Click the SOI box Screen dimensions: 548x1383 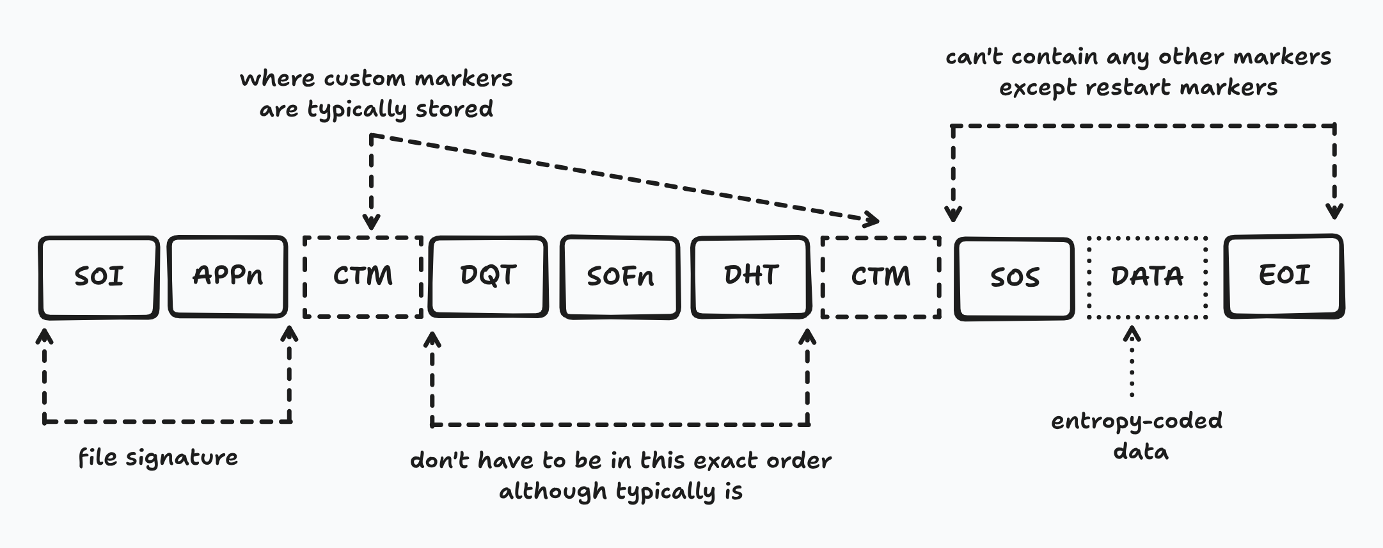point(99,277)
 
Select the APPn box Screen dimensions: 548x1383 point(228,276)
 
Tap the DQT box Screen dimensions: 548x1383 point(488,276)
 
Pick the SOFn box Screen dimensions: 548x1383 point(620,277)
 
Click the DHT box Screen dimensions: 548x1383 point(751,276)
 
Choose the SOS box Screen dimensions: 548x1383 point(1015,277)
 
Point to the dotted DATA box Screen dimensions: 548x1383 point(1147,277)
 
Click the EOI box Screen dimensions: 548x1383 point(1284,276)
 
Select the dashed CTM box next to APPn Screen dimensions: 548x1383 point(363,277)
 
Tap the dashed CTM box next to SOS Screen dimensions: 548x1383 point(881,277)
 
